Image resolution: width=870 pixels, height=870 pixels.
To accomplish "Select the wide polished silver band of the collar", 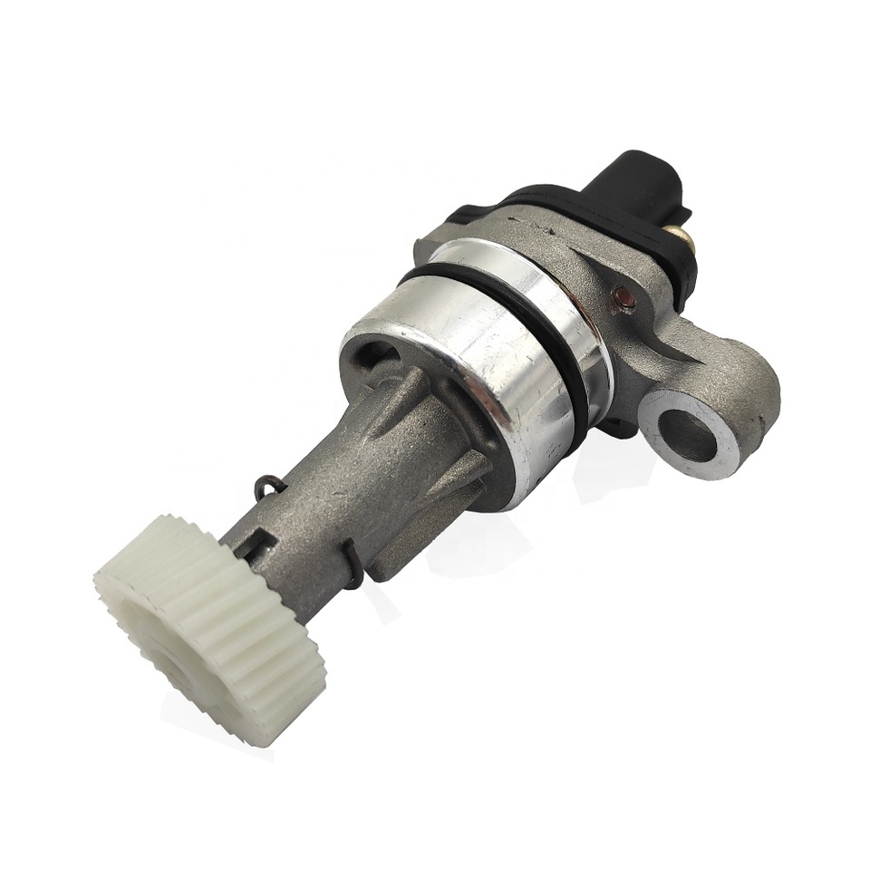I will [471, 362].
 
